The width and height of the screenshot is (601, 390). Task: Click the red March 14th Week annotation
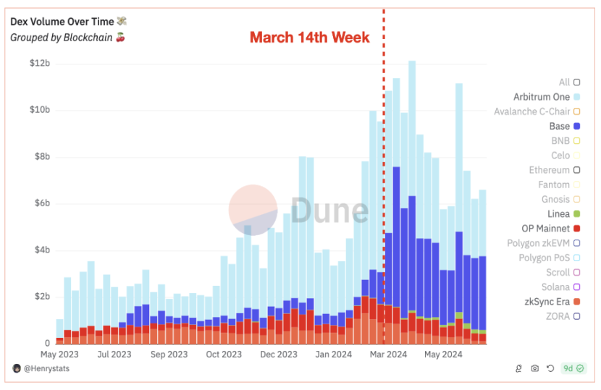coord(309,37)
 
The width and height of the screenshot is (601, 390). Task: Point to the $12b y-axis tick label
coord(39,64)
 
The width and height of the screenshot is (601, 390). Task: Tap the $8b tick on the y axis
coord(41,157)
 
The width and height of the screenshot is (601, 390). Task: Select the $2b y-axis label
coord(41,297)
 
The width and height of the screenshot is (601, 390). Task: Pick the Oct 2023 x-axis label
coord(224,355)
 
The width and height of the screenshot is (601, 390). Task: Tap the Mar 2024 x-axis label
coord(388,355)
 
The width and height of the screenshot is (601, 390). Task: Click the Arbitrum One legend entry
coord(542,97)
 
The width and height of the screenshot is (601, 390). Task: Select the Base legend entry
coord(560,126)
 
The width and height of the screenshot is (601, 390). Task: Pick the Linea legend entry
coord(558,214)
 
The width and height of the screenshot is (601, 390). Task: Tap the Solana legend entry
coord(555,287)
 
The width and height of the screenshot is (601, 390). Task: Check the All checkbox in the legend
coord(576,82)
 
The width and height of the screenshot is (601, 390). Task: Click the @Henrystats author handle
coord(47,368)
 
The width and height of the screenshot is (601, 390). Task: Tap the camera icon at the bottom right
coord(535,368)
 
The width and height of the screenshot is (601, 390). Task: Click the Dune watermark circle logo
coord(253,210)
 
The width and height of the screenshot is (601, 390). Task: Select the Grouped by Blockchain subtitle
coord(62,38)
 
